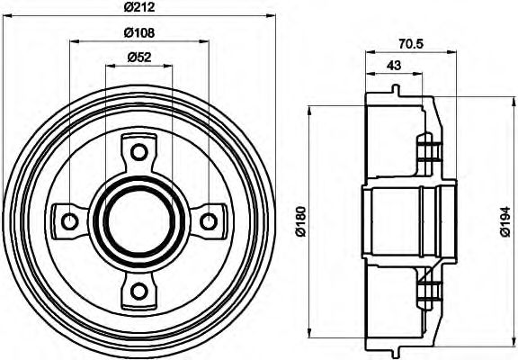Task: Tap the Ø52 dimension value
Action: pos(138,58)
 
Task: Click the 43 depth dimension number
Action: pos(392,65)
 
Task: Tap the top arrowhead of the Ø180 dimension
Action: pos(309,111)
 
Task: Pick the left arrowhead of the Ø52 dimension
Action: pos(109,67)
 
